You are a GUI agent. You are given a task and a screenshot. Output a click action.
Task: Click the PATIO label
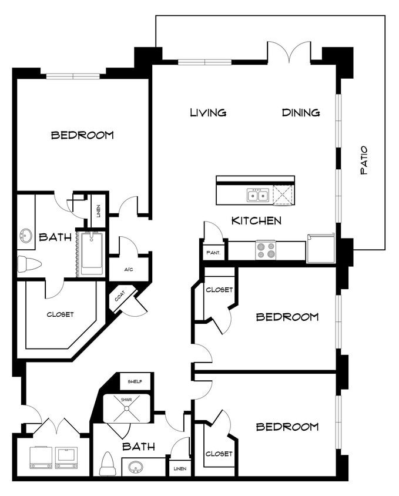point(364,160)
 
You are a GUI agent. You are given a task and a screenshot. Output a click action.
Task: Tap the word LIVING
point(208,112)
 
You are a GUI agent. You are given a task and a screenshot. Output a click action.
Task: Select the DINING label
point(300,112)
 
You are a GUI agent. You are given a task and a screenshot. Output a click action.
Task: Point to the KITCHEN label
point(256,221)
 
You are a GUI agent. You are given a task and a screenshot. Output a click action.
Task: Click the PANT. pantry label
point(213,253)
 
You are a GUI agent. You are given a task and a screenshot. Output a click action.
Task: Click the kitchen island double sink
point(259,195)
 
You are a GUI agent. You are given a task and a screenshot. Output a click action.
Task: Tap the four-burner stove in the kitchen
point(266,250)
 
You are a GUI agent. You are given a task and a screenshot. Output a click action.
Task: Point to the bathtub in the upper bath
point(92,253)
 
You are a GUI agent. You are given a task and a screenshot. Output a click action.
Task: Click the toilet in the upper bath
point(28,264)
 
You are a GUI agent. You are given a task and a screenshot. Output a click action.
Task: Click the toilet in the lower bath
point(108,464)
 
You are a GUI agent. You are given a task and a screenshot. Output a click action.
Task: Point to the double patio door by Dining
point(289,52)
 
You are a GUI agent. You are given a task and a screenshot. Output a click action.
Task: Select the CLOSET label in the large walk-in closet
point(60,314)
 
